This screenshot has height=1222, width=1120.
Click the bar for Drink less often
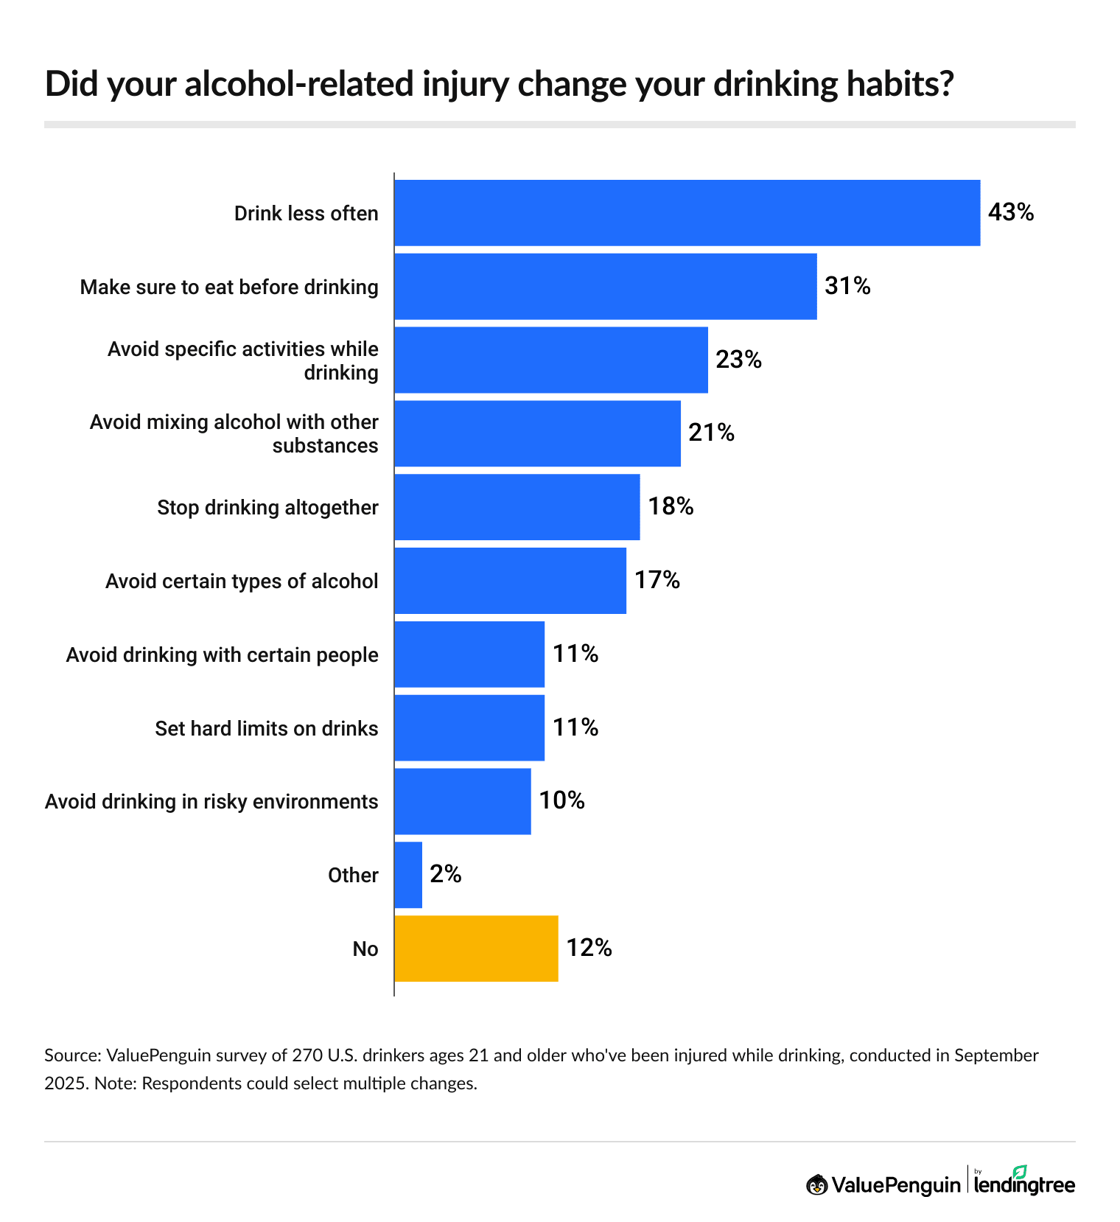pyautogui.click(x=687, y=213)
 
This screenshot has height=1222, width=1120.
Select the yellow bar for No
pyautogui.click(x=476, y=949)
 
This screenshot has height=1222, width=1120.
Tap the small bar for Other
pyautogui.click(x=408, y=875)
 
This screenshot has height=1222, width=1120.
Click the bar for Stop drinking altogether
pyautogui.click(x=517, y=507)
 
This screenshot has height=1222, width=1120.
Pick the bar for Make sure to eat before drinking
pyautogui.click(x=605, y=287)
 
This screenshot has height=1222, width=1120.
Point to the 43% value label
pyautogui.click(x=1011, y=213)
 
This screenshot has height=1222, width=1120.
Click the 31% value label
pyautogui.click(x=847, y=286)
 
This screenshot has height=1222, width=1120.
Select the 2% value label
pyautogui.click(x=446, y=875)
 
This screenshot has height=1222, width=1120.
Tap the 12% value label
pyautogui.click(x=589, y=948)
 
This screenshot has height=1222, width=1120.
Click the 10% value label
pyautogui.click(x=561, y=801)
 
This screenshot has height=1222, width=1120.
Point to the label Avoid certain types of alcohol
pyautogui.click(x=242, y=582)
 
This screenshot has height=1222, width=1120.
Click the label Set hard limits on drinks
pyautogui.click(x=266, y=729)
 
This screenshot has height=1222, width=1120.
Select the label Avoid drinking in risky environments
pyautogui.click(x=211, y=802)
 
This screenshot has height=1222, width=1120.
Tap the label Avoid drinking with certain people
pyautogui.click(x=222, y=655)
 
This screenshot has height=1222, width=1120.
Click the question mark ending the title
pyautogui.click(x=946, y=85)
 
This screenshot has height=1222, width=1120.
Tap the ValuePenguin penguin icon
pyautogui.click(x=816, y=1184)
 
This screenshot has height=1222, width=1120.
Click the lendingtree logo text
pyautogui.click(x=1024, y=1184)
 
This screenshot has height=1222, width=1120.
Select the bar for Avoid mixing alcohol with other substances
pyautogui.click(x=537, y=433)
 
